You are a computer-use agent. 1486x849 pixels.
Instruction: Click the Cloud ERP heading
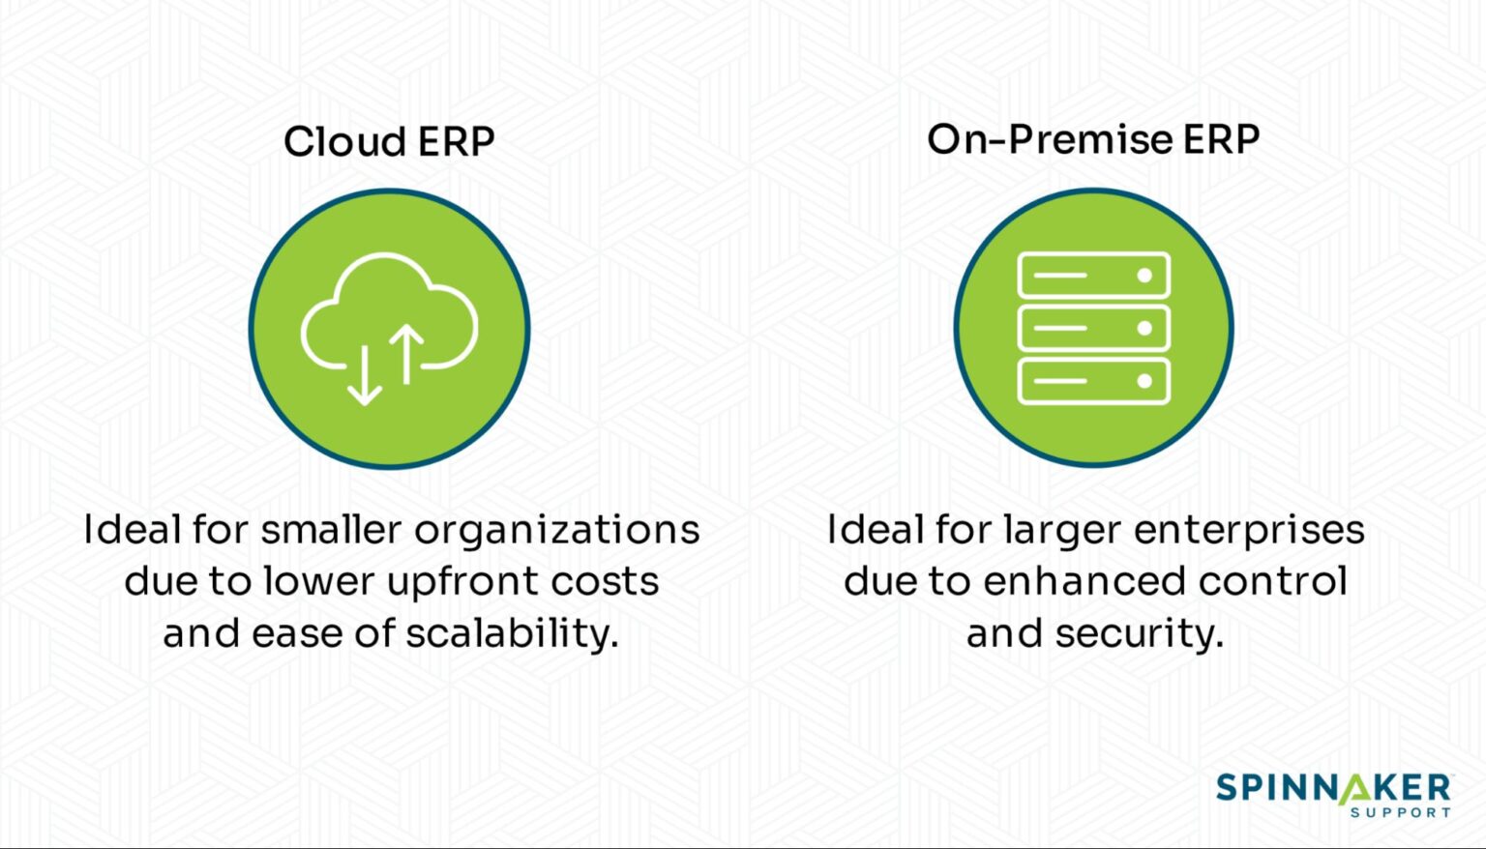(x=389, y=142)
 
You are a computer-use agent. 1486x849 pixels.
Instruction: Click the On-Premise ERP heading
(x=1093, y=139)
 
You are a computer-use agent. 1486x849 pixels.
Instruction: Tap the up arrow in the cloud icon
(x=406, y=352)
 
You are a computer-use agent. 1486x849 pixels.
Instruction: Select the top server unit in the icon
(x=1093, y=276)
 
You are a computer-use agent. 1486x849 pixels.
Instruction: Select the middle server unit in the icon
(x=1093, y=328)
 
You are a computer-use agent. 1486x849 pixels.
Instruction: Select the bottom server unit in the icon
(x=1093, y=380)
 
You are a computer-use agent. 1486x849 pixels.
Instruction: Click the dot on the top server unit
(x=1144, y=276)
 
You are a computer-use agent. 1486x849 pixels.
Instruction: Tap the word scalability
(x=511, y=634)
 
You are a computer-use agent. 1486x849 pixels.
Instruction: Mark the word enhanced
(x=1085, y=581)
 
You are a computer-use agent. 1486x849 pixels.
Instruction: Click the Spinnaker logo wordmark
(x=1333, y=787)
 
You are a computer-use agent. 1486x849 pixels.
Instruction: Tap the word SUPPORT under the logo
(x=1400, y=812)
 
